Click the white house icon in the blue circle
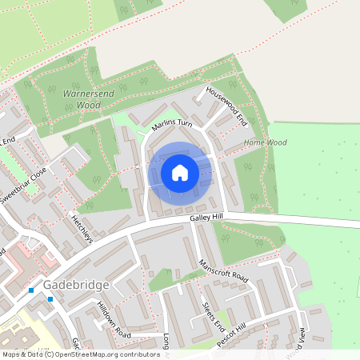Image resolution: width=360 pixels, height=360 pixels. click(180, 172)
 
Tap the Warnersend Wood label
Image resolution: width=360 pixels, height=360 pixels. click(82, 99)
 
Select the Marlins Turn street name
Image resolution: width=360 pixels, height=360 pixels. click(172, 125)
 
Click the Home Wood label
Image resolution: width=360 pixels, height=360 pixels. click(266, 142)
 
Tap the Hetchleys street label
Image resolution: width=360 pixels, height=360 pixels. click(82, 229)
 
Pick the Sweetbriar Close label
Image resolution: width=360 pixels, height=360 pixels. click(24, 186)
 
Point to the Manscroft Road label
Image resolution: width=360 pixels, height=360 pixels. click(224, 274)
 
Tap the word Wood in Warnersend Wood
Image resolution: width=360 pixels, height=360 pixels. click(89, 105)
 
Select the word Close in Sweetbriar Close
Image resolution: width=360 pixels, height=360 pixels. click(38, 174)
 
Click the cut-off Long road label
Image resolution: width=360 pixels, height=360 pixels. click(166, 341)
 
